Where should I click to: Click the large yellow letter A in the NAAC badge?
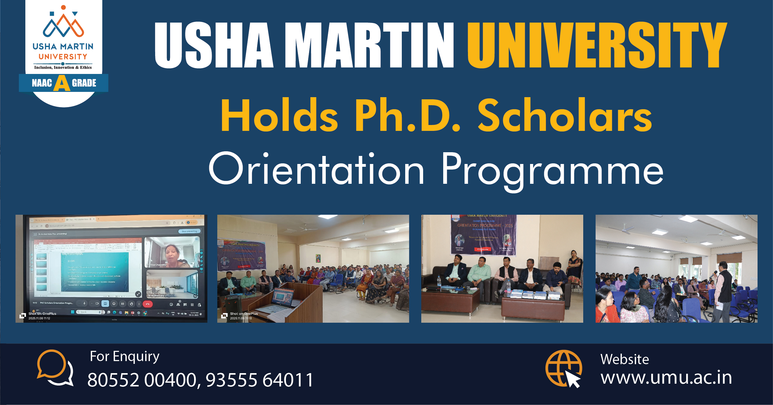[62, 83]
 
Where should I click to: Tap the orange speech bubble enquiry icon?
[55, 367]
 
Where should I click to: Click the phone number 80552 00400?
[142, 380]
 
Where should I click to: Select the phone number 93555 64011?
[260, 380]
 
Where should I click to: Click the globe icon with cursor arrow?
[563, 368]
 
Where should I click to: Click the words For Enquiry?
[125, 356]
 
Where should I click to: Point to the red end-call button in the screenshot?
[147, 304]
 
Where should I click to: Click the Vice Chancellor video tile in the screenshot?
[172, 252]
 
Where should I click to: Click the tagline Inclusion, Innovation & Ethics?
[63, 67]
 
